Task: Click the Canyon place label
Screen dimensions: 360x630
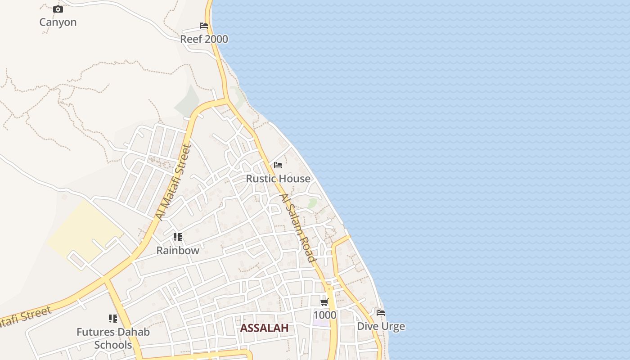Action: pyautogui.click(x=58, y=22)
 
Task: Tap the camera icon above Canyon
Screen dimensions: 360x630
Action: pyautogui.click(x=58, y=9)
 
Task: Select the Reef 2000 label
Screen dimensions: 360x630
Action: pyautogui.click(x=204, y=39)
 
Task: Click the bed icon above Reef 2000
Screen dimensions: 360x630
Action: pyautogui.click(x=204, y=26)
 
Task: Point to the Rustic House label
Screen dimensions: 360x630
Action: pyautogui.click(x=278, y=179)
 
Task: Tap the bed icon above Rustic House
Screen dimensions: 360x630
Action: pyautogui.click(x=278, y=165)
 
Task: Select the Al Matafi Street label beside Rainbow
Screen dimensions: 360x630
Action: pyautogui.click(x=174, y=182)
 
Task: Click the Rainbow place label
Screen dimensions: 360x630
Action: pyautogui.click(x=178, y=251)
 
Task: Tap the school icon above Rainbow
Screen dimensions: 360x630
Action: pyautogui.click(x=178, y=237)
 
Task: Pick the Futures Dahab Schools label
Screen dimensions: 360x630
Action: pyautogui.click(x=113, y=338)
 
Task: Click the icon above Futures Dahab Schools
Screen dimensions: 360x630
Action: pyautogui.click(x=113, y=319)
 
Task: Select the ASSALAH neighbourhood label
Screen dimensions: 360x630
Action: pyautogui.click(x=264, y=328)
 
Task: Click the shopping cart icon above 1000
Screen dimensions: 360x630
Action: pyautogui.click(x=324, y=302)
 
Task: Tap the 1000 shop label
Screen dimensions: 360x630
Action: pyautogui.click(x=324, y=315)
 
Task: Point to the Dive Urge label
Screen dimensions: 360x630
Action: pyautogui.click(x=381, y=326)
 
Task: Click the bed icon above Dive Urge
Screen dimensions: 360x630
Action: pyautogui.click(x=381, y=312)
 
